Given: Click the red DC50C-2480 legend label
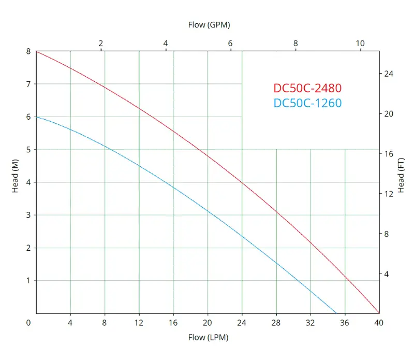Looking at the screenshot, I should pos(307,88).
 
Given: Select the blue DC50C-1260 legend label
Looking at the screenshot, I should pos(307,103).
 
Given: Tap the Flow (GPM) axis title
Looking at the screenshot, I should pos(209,24).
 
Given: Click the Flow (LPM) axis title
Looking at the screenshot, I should pos(208,337).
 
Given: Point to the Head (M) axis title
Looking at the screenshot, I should pos(16,182).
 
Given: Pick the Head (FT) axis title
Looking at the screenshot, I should pos(401,172).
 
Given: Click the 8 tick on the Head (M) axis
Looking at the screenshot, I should pos(29,51).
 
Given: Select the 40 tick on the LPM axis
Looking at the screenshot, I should pos(379,322).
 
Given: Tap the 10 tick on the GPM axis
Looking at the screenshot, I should pos(360,43).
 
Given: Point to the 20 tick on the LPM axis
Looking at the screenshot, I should pos(208,322).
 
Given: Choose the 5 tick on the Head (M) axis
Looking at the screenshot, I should pos(29,150).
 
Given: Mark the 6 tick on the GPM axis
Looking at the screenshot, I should pos(230,43).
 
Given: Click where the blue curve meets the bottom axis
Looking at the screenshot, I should pos(336,313).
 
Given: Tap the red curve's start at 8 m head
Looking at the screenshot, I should pos(36,51).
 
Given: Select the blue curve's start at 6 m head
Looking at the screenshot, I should pos(36,117).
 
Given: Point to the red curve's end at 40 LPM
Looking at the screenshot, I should pos(379,313).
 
